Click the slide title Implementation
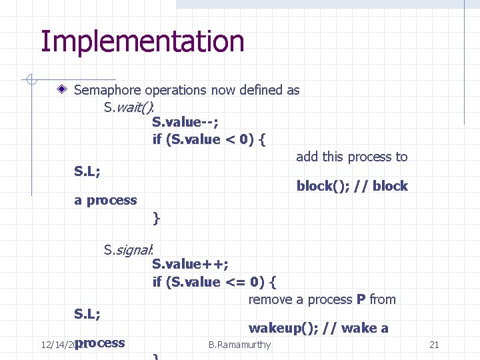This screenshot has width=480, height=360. coord(143,41)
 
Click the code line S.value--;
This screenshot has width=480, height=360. coord(185,122)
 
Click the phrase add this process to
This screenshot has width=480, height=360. coord(351,157)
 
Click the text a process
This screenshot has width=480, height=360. coord(105,200)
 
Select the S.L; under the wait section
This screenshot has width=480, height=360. coord(87,171)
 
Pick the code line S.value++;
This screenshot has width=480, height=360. coord(191,264)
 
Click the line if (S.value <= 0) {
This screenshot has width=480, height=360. coord(215,282)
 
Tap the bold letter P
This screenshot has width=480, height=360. coord(361,300)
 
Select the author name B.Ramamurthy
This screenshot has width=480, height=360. coord(239,345)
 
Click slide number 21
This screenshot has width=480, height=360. coord(434,345)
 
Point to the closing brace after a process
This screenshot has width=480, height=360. coord(156,217)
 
